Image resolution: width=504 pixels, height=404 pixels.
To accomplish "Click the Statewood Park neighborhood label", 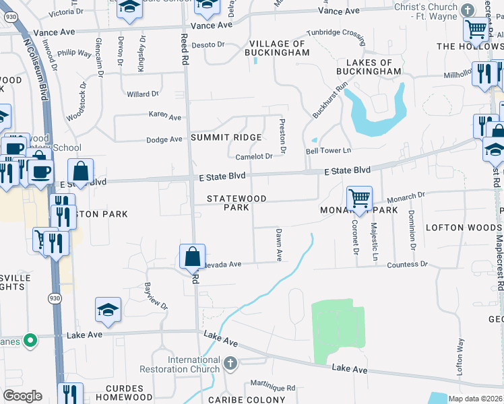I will tap(237, 203).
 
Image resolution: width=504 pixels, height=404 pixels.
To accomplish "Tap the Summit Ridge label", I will tap(225, 137).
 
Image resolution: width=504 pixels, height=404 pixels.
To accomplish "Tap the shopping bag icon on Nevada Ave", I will tap(193, 256).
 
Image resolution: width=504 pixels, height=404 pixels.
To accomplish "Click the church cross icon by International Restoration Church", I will tap(230, 364).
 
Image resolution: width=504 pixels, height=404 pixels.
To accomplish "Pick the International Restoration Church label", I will tap(180, 364).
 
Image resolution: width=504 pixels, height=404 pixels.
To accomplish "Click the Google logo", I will tap(22, 396).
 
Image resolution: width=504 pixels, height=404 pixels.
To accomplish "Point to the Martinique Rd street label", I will tap(273, 388).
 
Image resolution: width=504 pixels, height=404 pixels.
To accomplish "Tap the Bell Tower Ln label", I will tap(329, 150).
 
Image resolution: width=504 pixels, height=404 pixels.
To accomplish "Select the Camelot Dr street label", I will tap(253, 156).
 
